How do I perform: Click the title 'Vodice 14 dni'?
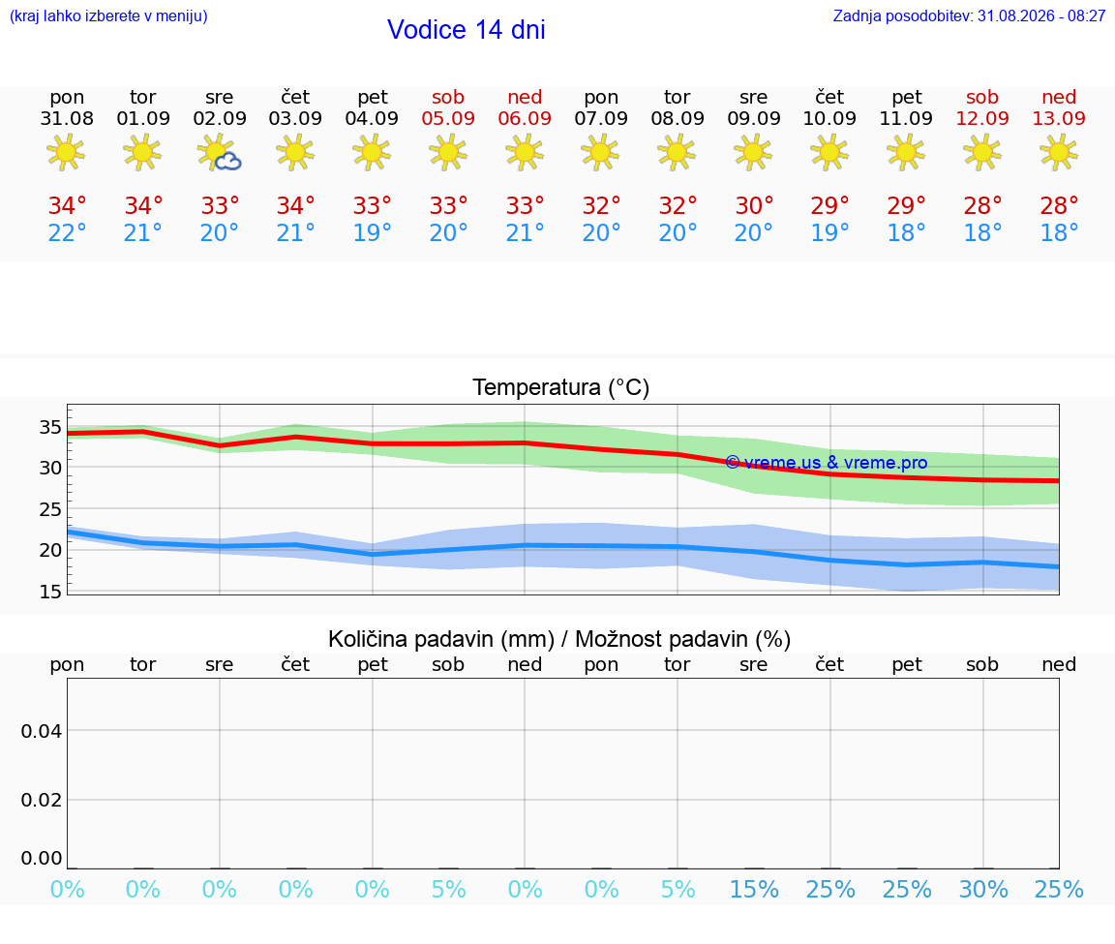pyautogui.click(x=466, y=30)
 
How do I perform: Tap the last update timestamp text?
pyautogui.click(x=969, y=15)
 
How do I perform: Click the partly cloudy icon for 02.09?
pyautogui.click(x=219, y=153)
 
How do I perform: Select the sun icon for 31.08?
pyautogui.click(x=66, y=152)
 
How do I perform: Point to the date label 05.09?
pyautogui.click(x=448, y=118)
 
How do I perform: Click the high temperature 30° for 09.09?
pyautogui.click(x=754, y=205)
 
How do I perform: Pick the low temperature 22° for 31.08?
pyautogui.click(x=67, y=232)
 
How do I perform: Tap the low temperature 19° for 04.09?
pyautogui.click(x=372, y=232)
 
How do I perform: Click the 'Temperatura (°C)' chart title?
pyautogui.click(x=561, y=387)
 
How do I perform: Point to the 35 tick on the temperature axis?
pyautogui.click(x=50, y=427)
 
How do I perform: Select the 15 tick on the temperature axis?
pyautogui.click(x=50, y=592)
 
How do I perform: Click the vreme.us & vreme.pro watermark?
pyautogui.click(x=827, y=463)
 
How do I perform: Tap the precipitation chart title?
pyautogui.click(x=559, y=639)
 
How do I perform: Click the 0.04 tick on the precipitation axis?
pyautogui.click(x=42, y=731)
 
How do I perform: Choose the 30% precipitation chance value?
pyautogui.click(x=983, y=889)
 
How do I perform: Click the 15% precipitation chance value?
pyautogui.click(x=755, y=889)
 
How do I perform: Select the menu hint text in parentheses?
pyautogui.click(x=108, y=15)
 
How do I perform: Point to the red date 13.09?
pyautogui.click(x=1059, y=118)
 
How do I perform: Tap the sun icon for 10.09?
pyautogui.click(x=829, y=152)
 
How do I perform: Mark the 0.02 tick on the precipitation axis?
pyautogui.click(x=42, y=800)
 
